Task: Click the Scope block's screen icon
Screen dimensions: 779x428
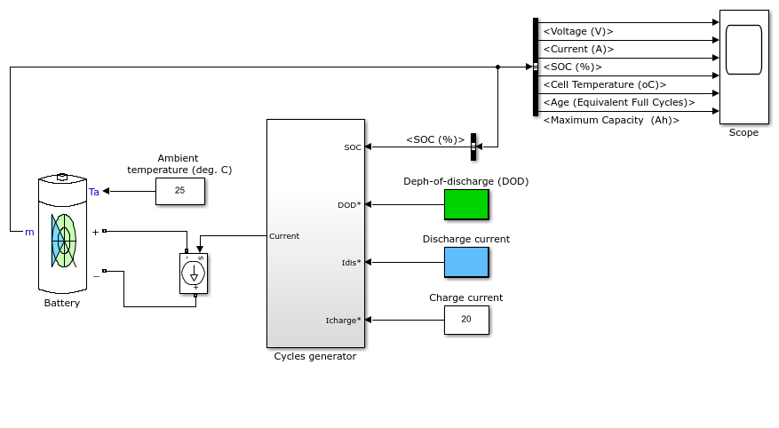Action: click(x=743, y=50)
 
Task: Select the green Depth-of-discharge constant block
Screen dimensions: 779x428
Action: click(x=466, y=204)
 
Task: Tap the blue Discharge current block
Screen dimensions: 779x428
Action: click(x=466, y=262)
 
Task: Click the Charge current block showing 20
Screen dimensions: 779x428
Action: click(x=466, y=320)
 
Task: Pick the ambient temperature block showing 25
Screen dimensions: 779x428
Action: click(x=179, y=191)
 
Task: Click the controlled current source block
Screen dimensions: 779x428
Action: click(x=194, y=273)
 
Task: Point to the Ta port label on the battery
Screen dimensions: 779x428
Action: click(x=94, y=192)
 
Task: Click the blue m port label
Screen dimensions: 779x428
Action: click(x=29, y=232)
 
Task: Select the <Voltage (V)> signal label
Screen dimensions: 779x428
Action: click(x=578, y=31)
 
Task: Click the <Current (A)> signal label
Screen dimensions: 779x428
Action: click(x=579, y=49)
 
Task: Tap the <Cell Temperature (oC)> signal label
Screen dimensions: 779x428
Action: click(x=605, y=84)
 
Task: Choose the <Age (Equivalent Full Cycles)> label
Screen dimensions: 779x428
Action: click(x=619, y=102)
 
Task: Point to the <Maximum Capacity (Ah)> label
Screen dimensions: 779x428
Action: click(x=611, y=120)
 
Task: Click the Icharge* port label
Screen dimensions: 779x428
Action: click(x=343, y=321)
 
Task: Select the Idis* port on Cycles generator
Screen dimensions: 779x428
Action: click(x=351, y=263)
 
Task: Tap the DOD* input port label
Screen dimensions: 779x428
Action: click(x=349, y=205)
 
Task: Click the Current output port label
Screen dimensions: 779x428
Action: click(x=284, y=236)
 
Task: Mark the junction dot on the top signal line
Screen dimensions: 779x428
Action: click(x=497, y=67)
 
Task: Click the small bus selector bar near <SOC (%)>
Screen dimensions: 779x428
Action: click(x=473, y=147)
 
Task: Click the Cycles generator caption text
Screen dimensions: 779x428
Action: click(x=315, y=356)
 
